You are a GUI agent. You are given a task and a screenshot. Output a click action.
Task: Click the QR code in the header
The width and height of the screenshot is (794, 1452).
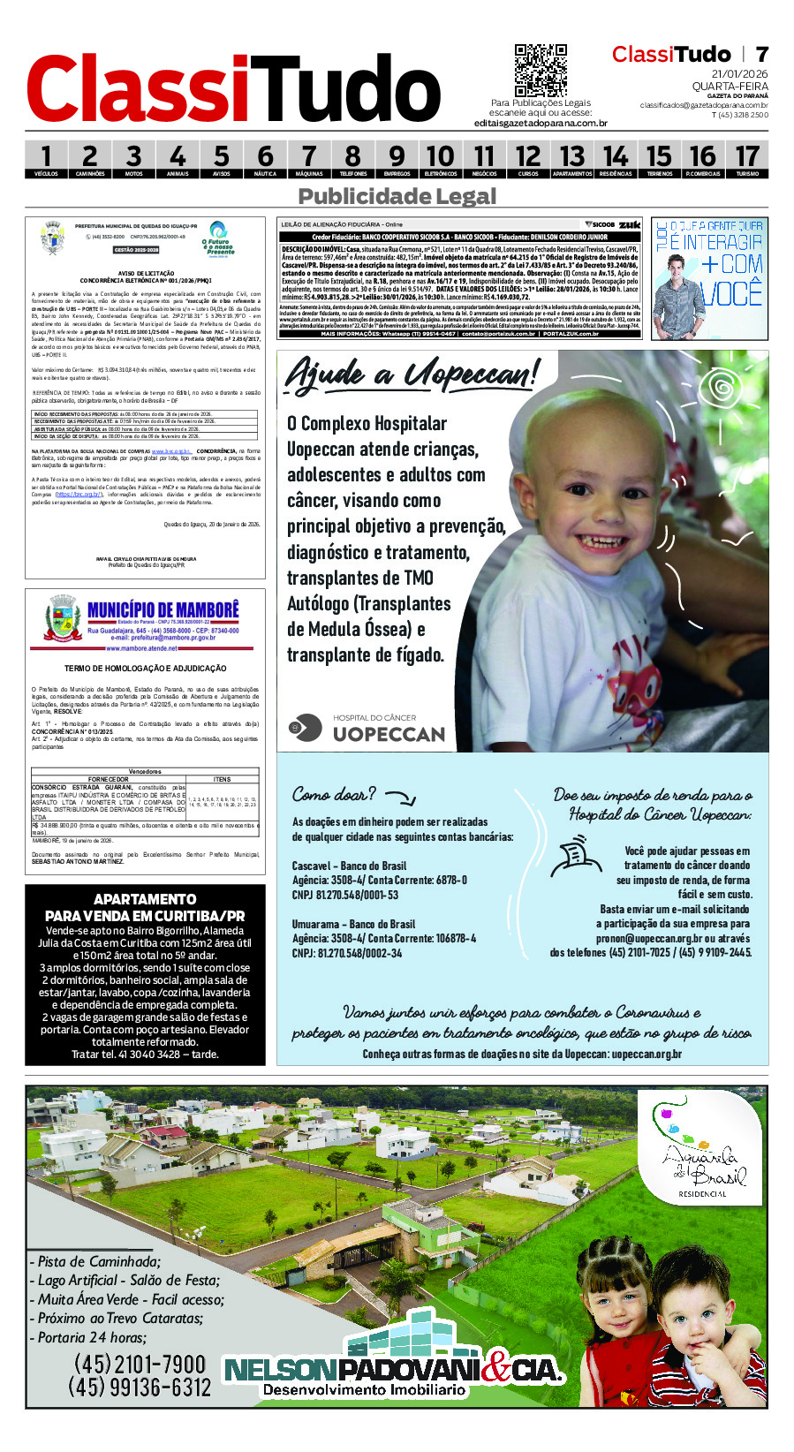tap(540, 70)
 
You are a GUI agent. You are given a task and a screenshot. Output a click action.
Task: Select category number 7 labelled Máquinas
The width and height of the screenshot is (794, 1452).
tap(308, 160)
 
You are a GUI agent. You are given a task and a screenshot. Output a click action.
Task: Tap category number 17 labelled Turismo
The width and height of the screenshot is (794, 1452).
tap(747, 160)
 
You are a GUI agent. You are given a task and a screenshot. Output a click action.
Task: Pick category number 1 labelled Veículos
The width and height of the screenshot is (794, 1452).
tap(46, 160)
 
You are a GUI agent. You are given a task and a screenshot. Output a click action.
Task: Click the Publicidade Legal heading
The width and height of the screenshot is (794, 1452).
tap(397, 196)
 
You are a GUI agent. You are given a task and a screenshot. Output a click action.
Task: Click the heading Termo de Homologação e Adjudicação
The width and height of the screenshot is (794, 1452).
tap(145, 669)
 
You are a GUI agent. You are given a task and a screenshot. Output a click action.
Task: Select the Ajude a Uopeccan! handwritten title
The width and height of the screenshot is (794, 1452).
tap(411, 374)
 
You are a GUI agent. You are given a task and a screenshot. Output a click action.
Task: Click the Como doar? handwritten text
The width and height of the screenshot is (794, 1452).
tap(334, 794)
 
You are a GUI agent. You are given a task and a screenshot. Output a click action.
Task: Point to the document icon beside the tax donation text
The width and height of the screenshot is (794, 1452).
tap(577, 856)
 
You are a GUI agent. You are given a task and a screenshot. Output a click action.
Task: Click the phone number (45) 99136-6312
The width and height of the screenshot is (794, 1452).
tap(139, 1388)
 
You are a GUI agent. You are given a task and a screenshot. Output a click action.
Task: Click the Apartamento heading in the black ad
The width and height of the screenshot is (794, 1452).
tap(145, 899)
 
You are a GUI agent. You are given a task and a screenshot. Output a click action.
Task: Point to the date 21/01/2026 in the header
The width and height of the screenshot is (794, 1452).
tap(739, 74)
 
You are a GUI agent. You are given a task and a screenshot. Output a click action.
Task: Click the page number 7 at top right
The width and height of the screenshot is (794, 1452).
tap(761, 55)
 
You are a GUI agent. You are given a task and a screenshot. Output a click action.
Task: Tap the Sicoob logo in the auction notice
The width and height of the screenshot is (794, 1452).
tap(600, 225)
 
